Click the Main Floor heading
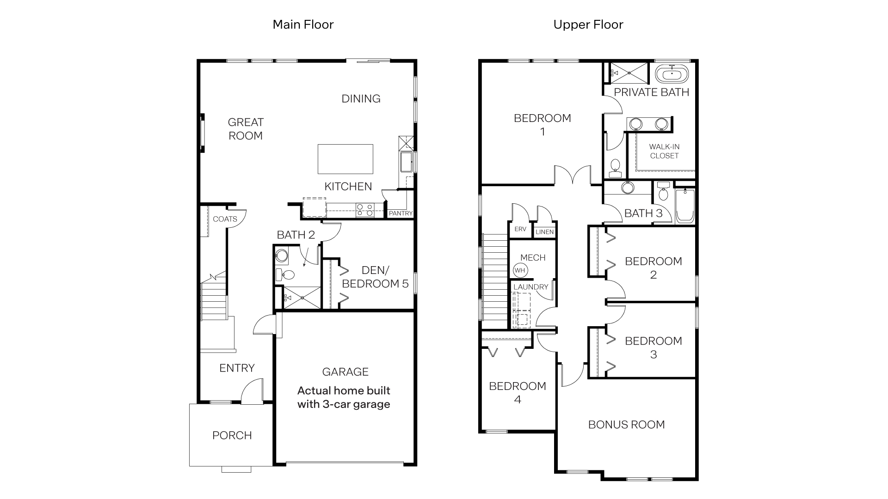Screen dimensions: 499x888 (303, 24)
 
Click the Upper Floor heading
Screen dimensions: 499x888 (588, 24)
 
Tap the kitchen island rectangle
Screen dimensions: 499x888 (345, 158)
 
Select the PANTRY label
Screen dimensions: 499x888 (401, 213)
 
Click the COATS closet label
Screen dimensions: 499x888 (225, 219)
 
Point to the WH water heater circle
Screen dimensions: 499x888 (520, 270)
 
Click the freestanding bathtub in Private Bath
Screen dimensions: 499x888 (672, 74)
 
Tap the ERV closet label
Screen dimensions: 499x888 (520, 229)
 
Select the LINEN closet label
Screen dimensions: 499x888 (544, 232)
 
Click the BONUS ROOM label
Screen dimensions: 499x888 (626, 425)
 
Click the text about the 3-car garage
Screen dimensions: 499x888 (344, 397)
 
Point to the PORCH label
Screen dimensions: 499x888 (232, 435)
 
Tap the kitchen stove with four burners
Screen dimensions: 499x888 (364, 210)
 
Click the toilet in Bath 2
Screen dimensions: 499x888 (285, 275)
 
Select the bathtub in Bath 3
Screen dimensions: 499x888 (685, 206)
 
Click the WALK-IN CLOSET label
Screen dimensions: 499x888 (664, 151)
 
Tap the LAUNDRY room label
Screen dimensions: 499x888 (530, 287)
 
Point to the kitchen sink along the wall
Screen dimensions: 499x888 (407, 162)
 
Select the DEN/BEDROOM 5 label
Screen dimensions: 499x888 (375, 277)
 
